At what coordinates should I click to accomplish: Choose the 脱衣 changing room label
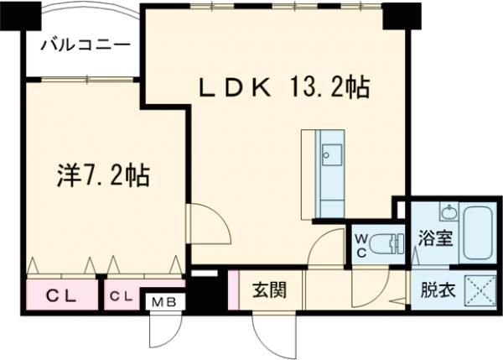point(437,291)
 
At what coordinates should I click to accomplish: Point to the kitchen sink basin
point(329,153)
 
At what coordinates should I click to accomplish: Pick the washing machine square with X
point(481,291)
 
